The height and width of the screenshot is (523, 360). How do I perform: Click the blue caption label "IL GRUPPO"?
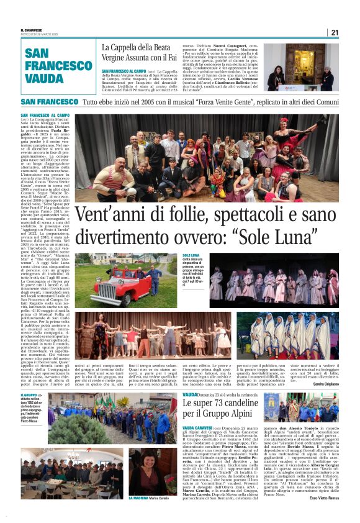coord(30,395)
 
